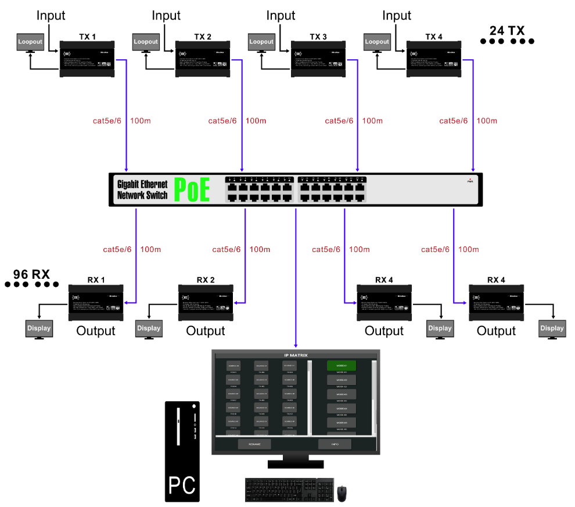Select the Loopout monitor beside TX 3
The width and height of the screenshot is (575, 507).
pyautogui.click(x=261, y=42)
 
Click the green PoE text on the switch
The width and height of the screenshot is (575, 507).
pyautogui.click(x=192, y=190)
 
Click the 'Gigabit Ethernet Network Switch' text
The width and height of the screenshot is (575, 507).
pyautogui.click(x=142, y=190)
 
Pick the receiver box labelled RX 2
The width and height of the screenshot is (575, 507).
pyautogui.click(x=206, y=302)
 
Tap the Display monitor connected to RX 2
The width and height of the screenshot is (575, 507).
pyautogui.click(x=149, y=328)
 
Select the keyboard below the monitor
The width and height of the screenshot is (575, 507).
pyautogui.click(x=289, y=490)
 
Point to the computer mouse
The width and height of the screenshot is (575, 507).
pyautogui.click(x=343, y=493)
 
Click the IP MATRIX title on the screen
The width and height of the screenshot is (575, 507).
pyautogui.click(x=296, y=355)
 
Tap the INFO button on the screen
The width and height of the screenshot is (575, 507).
pyautogui.click(x=335, y=444)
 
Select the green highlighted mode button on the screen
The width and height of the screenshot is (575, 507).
pyautogui.click(x=341, y=365)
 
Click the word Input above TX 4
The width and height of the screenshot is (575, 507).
pyautogui.click(x=397, y=16)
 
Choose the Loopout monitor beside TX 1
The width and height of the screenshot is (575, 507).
pyautogui.click(x=30, y=42)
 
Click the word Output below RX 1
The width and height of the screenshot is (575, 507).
pyautogui.click(x=96, y=331)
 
